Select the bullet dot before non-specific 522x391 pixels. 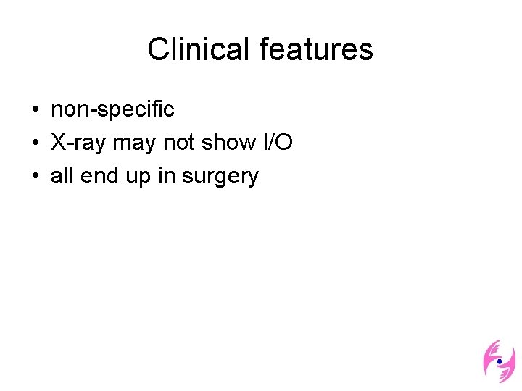click(x=35, y=110)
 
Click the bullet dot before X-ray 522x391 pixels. click(x=35, y=143)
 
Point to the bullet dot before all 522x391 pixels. click(x=35, y=176)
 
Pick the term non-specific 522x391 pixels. click(x=112, y=109)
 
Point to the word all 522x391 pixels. click(x=62, y=175)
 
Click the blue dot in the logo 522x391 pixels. click(x=499, y=361)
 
